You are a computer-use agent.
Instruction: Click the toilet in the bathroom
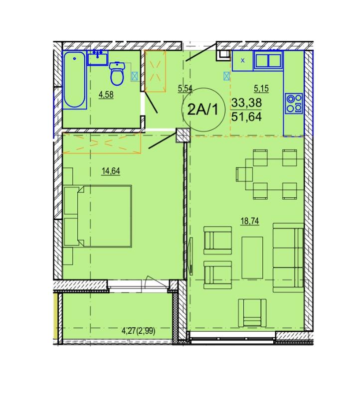[117, 73]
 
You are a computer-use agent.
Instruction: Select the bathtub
[74, 80]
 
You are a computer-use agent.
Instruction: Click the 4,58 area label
[106, 95]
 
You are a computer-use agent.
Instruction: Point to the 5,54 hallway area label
[185, 89]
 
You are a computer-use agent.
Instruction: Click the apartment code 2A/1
[203, 110]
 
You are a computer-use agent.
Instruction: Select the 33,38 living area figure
[246, 103]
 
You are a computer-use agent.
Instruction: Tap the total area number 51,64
[246, 117]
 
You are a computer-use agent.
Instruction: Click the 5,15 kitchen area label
[261, 89]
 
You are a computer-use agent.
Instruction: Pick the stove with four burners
[294, 103]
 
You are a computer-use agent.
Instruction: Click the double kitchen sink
[268, 61]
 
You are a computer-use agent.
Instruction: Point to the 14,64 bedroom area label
[111, 171]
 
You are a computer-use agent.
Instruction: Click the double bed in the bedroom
[98, 216]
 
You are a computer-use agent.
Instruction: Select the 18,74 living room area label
[250, 222]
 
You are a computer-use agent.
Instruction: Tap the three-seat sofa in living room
[288, 258]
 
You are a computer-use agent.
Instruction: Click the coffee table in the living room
[252, 258]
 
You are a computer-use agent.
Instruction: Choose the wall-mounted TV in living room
[190, 256]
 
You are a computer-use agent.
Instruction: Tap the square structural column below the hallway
[183, 135]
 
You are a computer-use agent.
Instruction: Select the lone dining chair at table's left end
[244, 174]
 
